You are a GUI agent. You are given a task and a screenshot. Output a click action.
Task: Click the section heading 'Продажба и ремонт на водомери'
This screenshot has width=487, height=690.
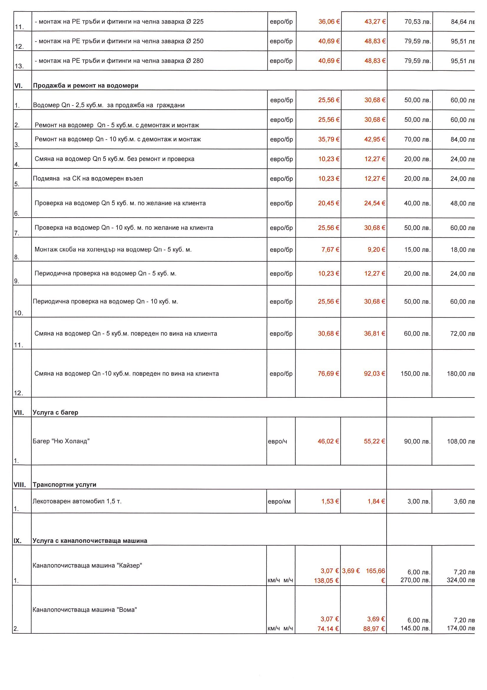click(x=85, y=86)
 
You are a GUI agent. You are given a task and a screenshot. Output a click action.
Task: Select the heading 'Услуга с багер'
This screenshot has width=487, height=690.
click(x=55, y=412)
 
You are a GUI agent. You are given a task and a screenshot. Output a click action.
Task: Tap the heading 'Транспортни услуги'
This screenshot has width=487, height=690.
click(x=64, y=484)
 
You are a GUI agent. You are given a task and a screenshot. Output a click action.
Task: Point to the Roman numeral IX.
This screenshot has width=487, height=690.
click(x=17, y=541)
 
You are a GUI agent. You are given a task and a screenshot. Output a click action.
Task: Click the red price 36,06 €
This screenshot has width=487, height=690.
click(x=329, y=22)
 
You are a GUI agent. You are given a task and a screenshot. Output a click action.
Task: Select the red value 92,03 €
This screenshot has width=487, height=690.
click(x=375, y=374)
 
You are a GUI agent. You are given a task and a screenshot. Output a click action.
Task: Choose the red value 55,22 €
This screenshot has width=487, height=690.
click(x=375, y=441)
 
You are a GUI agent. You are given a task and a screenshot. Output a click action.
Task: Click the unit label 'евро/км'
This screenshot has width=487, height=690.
click(x=279, y=501)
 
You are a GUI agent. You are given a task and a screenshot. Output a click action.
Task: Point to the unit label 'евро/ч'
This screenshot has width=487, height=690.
click(x=277, y=441)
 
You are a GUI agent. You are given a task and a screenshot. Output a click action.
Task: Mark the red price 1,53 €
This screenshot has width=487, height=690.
click(x=330, y=501)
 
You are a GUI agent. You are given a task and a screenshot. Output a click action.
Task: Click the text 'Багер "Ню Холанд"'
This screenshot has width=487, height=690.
click(x=61, y=441)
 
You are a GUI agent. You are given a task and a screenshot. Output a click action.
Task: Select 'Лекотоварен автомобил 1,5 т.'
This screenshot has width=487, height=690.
click(x=77, y=501)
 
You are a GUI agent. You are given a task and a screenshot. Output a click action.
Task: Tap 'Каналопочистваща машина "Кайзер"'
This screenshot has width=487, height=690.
click(x=87, y=565)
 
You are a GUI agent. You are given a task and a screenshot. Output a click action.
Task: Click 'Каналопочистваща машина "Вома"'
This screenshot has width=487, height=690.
click(x=85, y=610)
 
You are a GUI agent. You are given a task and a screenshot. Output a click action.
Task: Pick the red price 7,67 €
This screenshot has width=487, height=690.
click(x=330, y=249)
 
